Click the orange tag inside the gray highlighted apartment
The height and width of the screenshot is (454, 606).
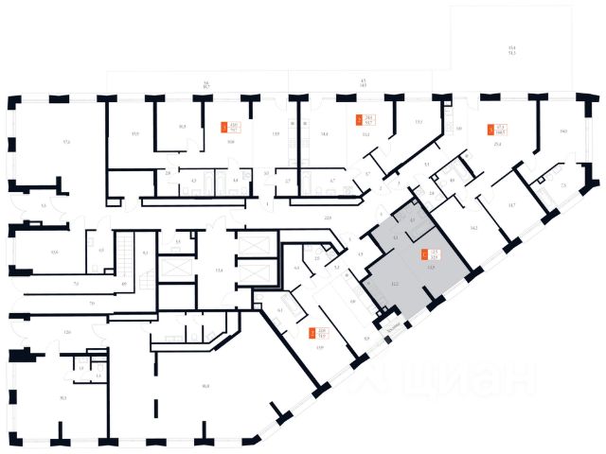pos(422,253)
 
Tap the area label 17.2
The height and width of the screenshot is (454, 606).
pos(65,142)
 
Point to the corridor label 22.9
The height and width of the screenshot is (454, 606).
pos(329,218)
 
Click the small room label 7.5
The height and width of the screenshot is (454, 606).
pos(564,186)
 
